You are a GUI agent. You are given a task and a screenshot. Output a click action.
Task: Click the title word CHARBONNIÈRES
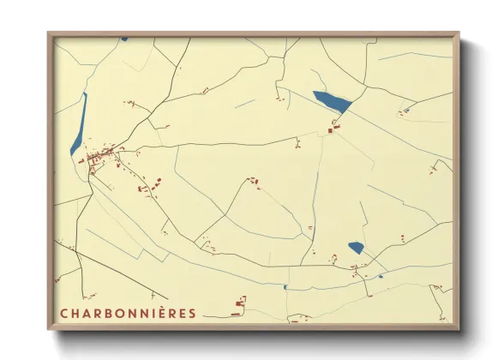coord(128,313)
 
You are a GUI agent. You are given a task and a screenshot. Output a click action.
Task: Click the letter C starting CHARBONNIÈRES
coord(64,313)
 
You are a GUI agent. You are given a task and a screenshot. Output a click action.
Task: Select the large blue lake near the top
coord(332,102)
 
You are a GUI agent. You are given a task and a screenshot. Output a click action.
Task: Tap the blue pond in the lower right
coord(356,248)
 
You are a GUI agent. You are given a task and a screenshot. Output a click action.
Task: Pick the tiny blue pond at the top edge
coord(124,38)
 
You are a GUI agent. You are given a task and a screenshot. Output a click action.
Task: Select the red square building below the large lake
coord(333,128)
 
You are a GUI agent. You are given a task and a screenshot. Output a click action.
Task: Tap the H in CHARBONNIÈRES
coord(75,313)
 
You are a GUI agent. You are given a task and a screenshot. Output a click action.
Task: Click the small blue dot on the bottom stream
coord(285,287)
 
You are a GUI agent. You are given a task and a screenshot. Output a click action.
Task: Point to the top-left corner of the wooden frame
coord(50,35)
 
